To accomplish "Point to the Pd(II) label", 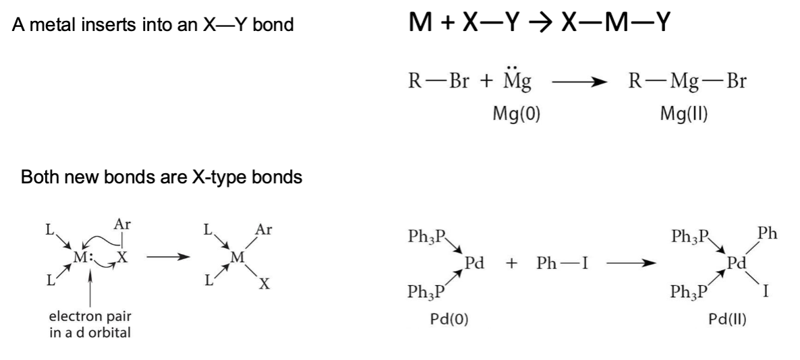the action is tap(727, 320).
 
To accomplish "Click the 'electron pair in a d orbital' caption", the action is tap(90, 324).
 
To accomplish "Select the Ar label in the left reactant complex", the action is tap(122, 224).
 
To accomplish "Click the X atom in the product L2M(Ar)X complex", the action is tap(264, 284).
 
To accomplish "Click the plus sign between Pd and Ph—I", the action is tap(512, 264).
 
